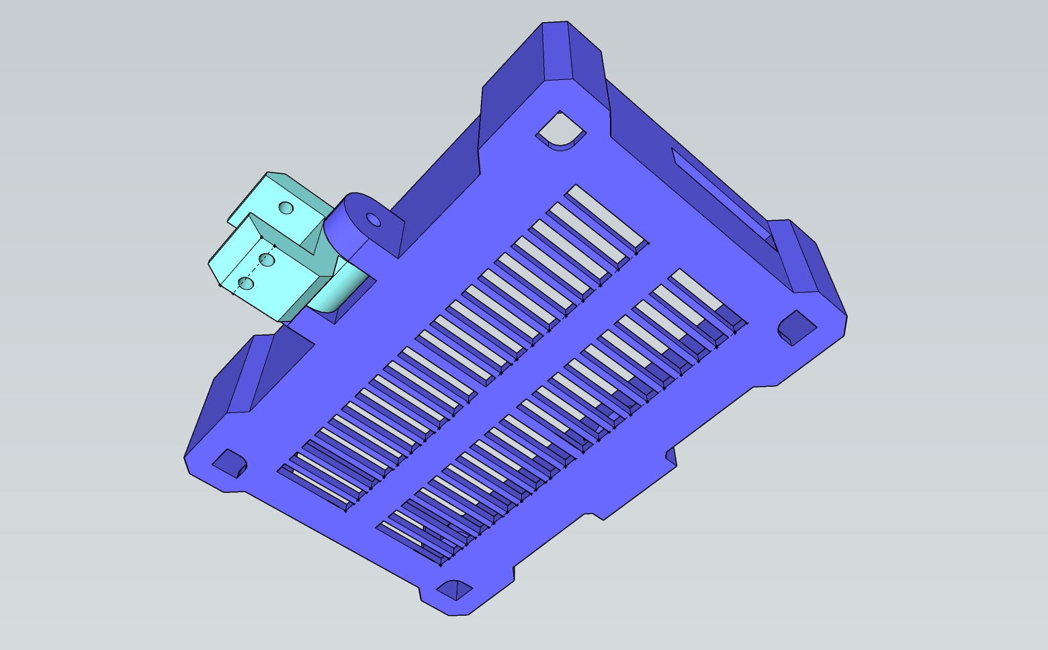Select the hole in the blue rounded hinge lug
[x=374, y=220]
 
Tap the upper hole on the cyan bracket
[x=286, y=207]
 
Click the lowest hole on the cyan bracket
[x=247, y=283]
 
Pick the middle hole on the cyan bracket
[x=267, y=259]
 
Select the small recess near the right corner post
[x=797, y=328]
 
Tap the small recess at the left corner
[x=230, y=463]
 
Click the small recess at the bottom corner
[x=455, y=590]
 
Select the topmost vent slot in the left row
[x=606, y=217]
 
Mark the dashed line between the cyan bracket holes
[x=257, y=271]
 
